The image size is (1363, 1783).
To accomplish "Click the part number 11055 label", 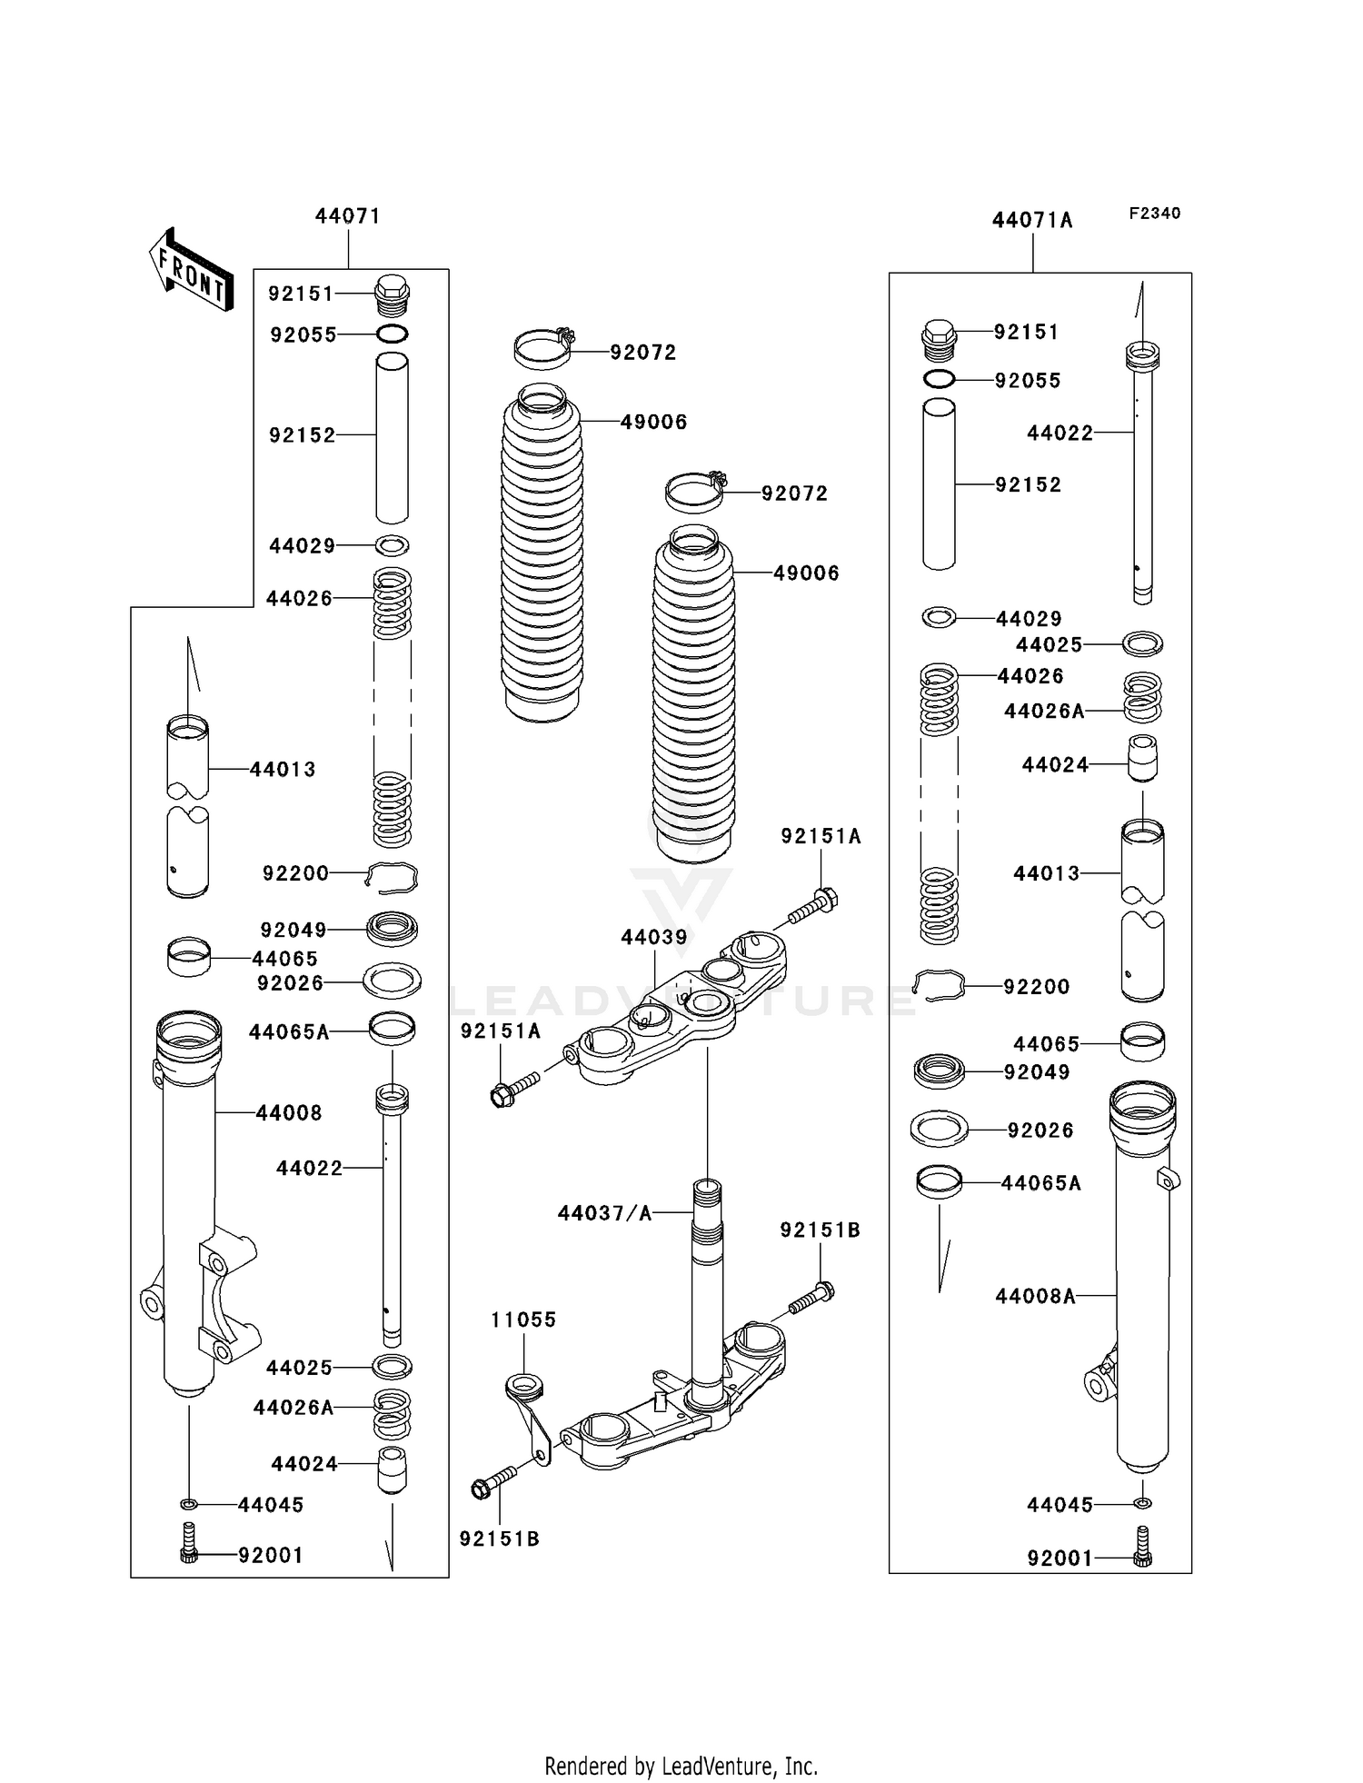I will pyautogui.click(x=523, y=1320).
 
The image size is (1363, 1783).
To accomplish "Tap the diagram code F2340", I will pyautogui.click(x=1154, y=214).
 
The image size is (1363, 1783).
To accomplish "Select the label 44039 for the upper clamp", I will pyautogui.click(x=654, y=937).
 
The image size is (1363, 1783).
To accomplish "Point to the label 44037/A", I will pyautogui.click(x=604, y=1213).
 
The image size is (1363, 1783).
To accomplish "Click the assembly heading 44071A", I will pyautogui.click(x=1031, y=221).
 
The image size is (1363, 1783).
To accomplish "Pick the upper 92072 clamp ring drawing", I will pyautogui.click(x=543, y=349).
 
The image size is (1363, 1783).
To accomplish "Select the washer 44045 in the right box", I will pyautogui.click(x=1143, y=1504).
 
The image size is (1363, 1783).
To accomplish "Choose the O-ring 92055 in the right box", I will pyautogui.click(x=939, y=379).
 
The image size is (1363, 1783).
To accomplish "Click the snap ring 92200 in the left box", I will pyautogui.click(x=393, y=874).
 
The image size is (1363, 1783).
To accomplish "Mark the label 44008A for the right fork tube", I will pyautogui.click(x=1035, y=1297).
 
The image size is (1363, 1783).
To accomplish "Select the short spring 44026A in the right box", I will pyautogui.click(x=1142, y=698).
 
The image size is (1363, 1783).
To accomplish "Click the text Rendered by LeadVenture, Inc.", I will pyautogui.click(x=681, y=1766).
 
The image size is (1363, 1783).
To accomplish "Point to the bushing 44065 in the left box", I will pyautogui.click(x=188, y=958).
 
